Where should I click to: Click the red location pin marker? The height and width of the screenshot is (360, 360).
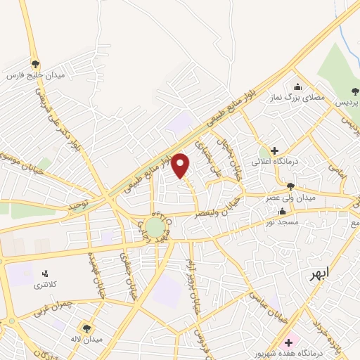pos(181,165)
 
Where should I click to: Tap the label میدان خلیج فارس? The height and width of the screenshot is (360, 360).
pos(36,75)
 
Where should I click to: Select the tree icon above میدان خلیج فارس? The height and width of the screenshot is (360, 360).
pos(35,63)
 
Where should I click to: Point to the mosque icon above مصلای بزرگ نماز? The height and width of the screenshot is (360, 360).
pos(298,87)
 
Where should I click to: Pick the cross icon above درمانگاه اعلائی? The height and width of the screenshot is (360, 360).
pos(274,150)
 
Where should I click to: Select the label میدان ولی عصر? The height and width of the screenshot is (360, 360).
pos(291,198)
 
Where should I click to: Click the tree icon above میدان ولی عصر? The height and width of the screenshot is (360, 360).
pos(290,186)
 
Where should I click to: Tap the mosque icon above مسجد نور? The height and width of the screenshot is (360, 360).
pos(283,210)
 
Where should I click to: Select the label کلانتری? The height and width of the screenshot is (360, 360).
pos(47,286)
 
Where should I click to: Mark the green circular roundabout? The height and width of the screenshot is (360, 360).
pos(154,226)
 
